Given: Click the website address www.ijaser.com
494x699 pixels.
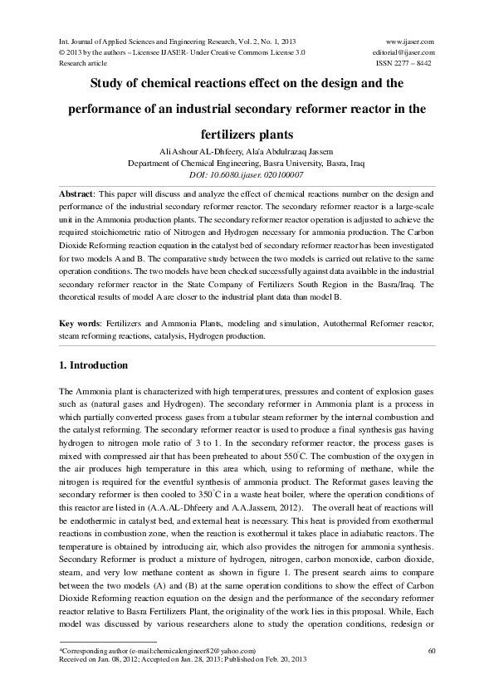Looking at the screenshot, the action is click(x=411, y=41).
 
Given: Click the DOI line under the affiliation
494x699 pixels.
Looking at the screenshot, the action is click(x=247, y=175).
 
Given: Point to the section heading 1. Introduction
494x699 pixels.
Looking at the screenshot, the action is click(x=94, y=365).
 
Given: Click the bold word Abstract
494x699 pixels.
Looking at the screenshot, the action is click(x=76, y=193).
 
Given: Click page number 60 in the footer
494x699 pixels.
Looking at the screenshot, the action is click(x=432, y=650).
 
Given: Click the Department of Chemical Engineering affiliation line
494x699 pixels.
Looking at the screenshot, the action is click(x=247, y=164).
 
